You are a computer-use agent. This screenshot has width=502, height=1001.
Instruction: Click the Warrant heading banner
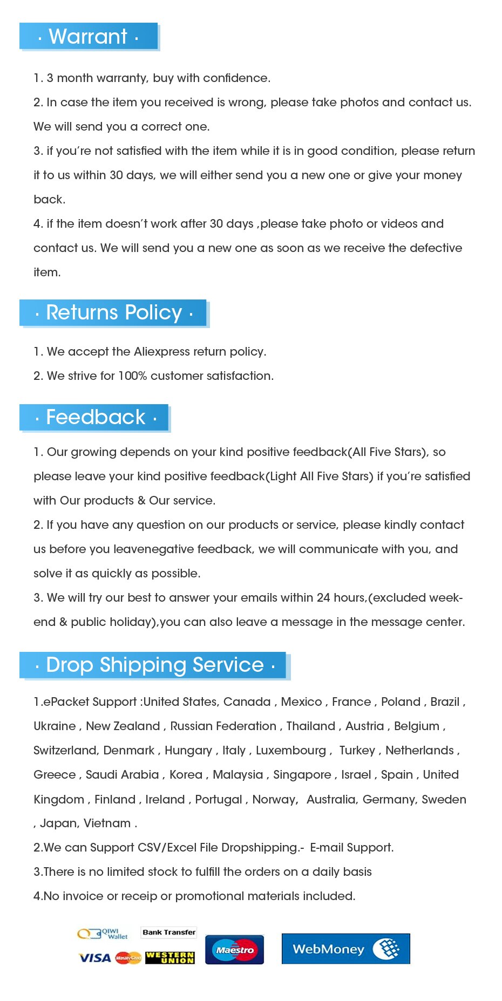tap(89, 37)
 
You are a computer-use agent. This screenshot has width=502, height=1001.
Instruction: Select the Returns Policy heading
tap(113, 313)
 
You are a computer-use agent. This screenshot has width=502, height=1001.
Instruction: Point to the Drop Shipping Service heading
tap(155, 665)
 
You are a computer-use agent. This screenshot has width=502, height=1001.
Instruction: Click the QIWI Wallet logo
tap(103, 934)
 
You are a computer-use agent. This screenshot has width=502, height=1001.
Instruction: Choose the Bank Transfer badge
tap(169, 932)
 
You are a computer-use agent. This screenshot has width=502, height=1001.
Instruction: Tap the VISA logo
tap(95, 958)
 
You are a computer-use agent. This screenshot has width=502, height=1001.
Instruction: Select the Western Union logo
tap(169, 958)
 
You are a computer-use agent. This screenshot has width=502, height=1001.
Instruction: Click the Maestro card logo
tap(234, 950)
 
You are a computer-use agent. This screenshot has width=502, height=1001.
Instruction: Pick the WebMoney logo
tap(345, 949)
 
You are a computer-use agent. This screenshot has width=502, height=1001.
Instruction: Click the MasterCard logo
tap(128, 958)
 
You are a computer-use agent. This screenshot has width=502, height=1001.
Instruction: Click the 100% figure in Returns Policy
tap(133, 376)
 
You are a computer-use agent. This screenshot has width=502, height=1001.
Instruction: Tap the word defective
tap(436, 248)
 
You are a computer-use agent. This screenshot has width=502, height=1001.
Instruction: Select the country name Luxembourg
tap(291, 751)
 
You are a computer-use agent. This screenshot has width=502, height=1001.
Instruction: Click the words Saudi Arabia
tap(122, 775)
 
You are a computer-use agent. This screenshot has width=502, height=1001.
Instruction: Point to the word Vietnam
tap(107, 823)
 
